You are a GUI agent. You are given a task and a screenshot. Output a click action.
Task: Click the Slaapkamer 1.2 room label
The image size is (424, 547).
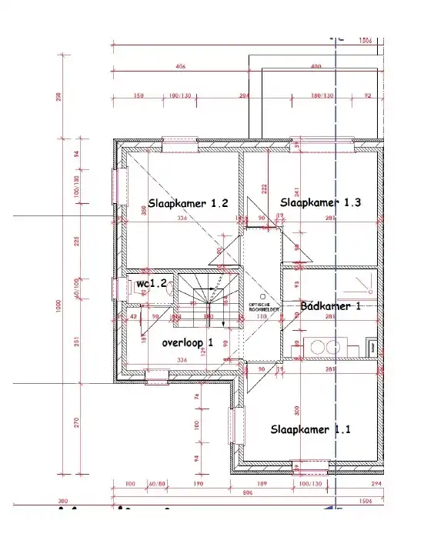[x=189, y=205]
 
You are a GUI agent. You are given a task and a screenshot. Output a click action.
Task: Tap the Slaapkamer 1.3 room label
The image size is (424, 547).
[x=321, y=202]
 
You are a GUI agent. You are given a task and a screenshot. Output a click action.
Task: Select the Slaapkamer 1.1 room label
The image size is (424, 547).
[x=310, y=429]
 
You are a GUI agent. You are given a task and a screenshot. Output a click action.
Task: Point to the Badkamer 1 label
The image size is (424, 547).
[x=331, y=305]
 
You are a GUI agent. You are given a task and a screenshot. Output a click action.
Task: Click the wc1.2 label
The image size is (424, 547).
[x=152, y=284]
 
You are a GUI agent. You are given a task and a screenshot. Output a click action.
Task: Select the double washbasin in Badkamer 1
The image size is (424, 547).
[x=324, y=348]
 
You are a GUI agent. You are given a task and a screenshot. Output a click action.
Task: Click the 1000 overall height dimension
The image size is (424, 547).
[x=58, y=306]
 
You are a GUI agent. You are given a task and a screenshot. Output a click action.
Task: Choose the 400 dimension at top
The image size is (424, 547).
[x=315, y=67]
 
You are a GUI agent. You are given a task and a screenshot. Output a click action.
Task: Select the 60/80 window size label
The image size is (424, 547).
[x=157, y=483]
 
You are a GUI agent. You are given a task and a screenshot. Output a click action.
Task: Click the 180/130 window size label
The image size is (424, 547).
[x=322, y=95]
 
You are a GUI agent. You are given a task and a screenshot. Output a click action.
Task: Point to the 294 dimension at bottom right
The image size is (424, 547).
[x=376, y=483]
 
